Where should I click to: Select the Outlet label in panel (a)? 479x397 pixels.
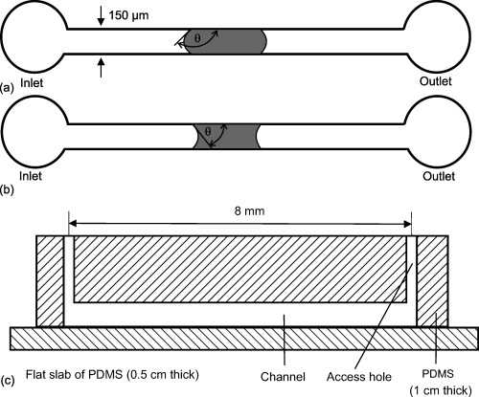(437, 84)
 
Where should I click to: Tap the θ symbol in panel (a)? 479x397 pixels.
(199, 39)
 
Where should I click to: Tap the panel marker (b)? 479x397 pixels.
(9, 181)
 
